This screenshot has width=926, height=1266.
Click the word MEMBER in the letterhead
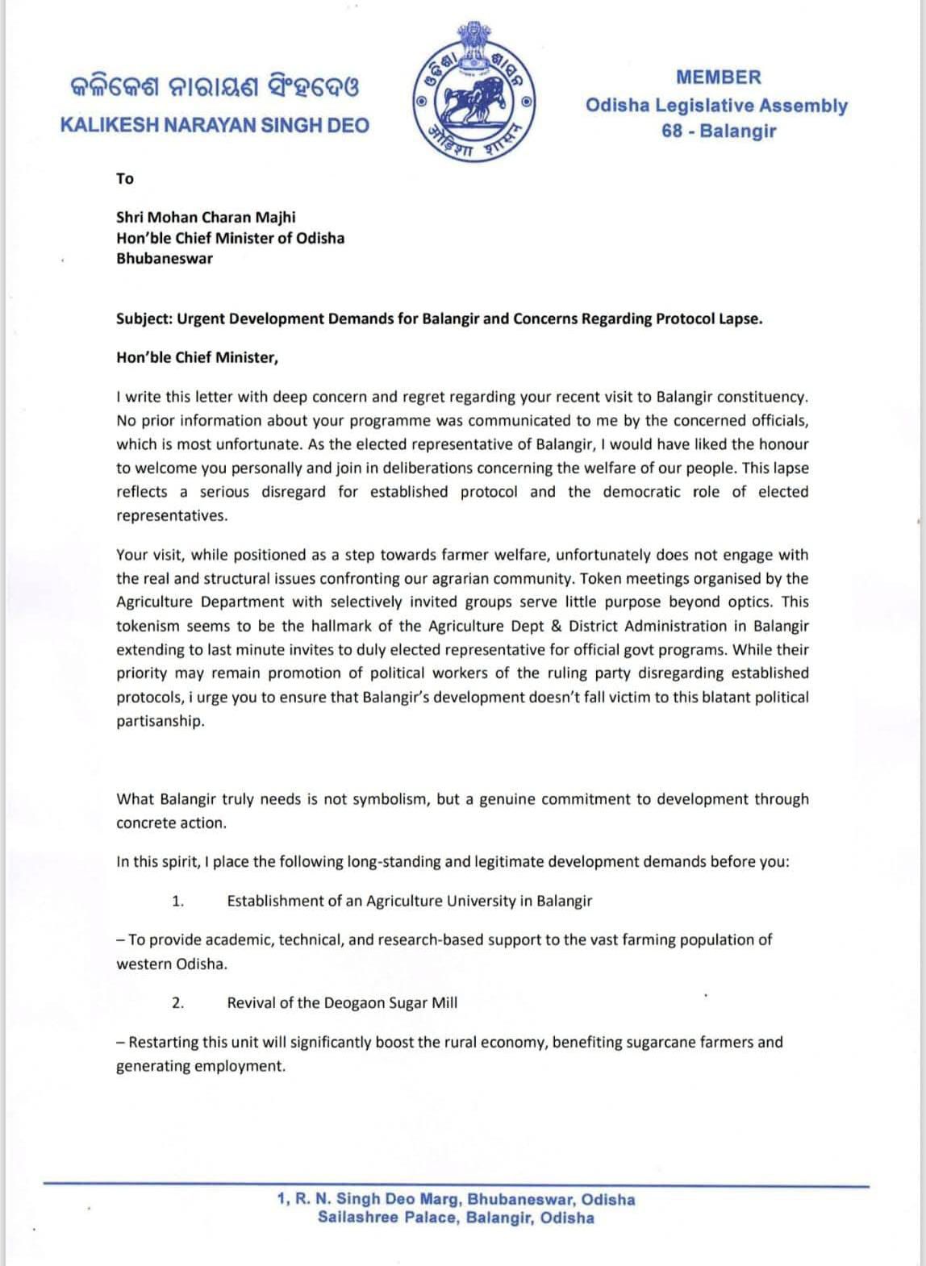(718, 77)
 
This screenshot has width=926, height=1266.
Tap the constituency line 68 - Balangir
(718, 131)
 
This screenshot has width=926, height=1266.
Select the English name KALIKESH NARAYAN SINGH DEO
(215, 125)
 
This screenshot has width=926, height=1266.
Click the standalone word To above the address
(125, 178)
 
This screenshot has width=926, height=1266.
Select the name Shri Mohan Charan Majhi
(206, 217)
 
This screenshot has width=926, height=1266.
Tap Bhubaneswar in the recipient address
(165, 259)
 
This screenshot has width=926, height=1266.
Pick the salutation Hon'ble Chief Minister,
(197, 357)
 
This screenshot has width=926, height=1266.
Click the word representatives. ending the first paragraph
(172, 515)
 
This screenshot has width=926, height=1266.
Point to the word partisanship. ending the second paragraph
(161, 721)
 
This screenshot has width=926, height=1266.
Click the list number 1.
(178, 901)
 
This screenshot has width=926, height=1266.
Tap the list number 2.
(178, 1003)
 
